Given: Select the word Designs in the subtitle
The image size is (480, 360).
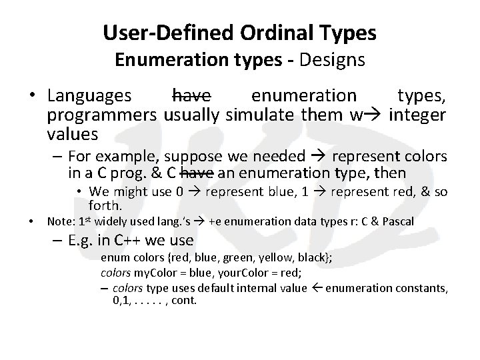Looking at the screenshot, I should coord(331,59).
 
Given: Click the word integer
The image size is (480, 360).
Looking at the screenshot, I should coord(418,115).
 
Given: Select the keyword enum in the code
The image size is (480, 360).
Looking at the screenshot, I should coord(112,259).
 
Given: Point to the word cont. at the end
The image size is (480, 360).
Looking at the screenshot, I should coord(183,301).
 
